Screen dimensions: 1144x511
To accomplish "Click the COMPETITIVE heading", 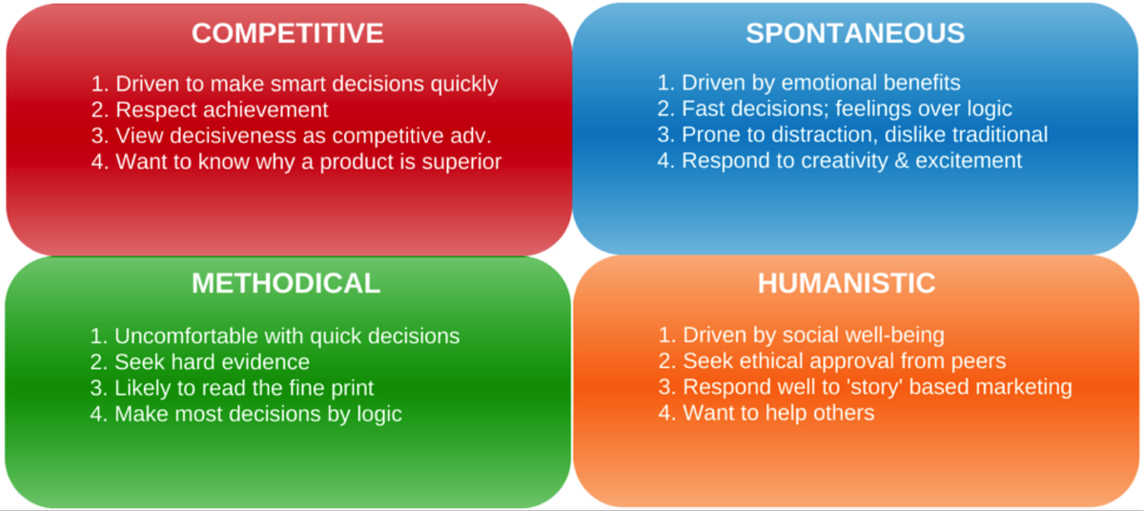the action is tap(288, 33).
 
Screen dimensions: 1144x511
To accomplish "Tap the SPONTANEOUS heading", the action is tap(855, 33).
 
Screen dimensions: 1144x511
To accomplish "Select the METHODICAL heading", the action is tap(286, 283).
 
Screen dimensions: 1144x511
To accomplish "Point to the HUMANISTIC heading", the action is tap(847, 283).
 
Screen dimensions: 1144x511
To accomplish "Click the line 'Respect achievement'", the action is tap(221, 110).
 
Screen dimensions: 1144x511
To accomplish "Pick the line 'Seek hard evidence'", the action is tap(212, 362).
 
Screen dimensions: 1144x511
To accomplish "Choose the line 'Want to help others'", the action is tap(779, 413).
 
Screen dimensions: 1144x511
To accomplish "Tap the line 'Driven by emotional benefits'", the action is tap(821, 83).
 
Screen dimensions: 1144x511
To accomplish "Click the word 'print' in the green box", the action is tap(353, 389).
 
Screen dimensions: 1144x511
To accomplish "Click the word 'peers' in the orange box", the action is tap(978, 362).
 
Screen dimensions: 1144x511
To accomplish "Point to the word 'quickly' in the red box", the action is tap(463, 85).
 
